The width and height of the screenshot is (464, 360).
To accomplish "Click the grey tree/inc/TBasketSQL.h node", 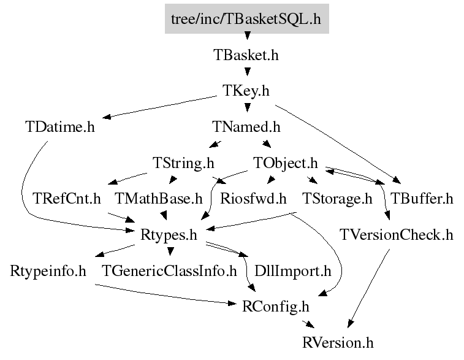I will pyautogui.click(x=246, y=18).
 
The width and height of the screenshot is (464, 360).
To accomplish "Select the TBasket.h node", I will pyautogui.click(x=246, y=55).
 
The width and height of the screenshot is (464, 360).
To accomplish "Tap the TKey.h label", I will pyautogui.click(x=246, y=91).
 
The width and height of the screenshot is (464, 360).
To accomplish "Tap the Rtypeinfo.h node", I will pyautogui.click(x=48, y=270).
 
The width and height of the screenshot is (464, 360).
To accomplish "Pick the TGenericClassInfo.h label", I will pyautogui.click(x=169, y=270).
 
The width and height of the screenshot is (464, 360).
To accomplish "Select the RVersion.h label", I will pyautogui.click(x=338, y=342).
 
